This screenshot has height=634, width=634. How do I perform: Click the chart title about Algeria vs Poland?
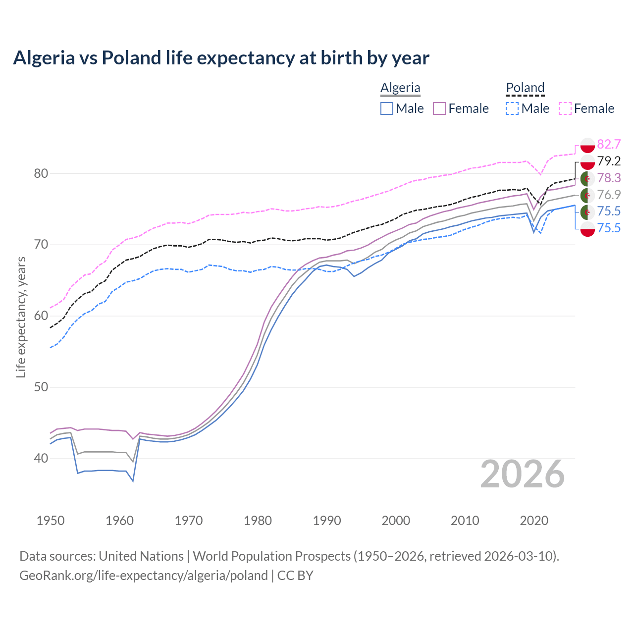221,58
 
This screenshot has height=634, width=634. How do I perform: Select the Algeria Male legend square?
387,108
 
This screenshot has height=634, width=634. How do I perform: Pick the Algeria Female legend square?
439,108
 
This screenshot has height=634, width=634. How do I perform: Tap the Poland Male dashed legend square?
512,108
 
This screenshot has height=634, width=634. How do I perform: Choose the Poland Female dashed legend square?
565,108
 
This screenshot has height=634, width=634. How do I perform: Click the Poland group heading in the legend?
525,88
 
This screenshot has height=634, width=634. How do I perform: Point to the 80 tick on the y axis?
41,173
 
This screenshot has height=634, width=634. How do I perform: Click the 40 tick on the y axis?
41,459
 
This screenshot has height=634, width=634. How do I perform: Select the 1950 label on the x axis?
51,521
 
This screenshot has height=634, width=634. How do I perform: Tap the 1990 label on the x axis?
327,521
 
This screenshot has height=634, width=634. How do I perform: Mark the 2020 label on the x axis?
534,521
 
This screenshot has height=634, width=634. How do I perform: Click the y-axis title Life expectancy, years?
21,317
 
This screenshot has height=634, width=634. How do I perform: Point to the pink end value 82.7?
609,144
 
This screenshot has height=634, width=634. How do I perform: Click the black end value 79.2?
609,161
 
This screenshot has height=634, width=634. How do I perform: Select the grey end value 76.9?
609,195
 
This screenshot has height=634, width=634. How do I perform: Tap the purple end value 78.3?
609,178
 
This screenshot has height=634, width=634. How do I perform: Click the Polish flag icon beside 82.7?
587,145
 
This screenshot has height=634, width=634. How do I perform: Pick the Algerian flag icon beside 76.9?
587,195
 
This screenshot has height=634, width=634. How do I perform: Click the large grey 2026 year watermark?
523,474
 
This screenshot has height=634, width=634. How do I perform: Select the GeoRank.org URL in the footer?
144,576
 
